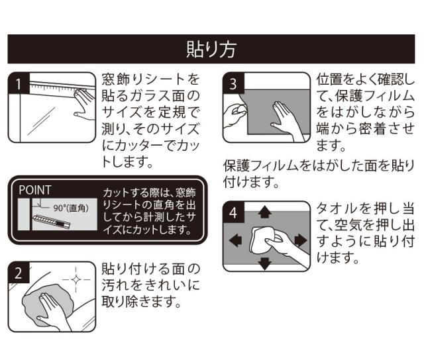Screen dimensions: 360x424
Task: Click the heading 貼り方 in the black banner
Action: click(x=212, y=49)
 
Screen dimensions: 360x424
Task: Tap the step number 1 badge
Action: click(x=19, y=84)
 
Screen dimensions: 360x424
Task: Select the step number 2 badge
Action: click(x=19, y=272)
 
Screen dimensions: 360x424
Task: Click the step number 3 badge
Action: click(x=233, y=84)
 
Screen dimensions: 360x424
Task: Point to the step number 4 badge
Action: click(x=233, y=213)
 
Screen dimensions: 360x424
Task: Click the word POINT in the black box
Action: click(x=34, y=189)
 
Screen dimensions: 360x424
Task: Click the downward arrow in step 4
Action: click(x=266, y=264)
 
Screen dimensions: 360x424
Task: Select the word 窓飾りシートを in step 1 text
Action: click(x=150, y=79)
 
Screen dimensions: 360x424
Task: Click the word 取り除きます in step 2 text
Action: click(x=141, y=302)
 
